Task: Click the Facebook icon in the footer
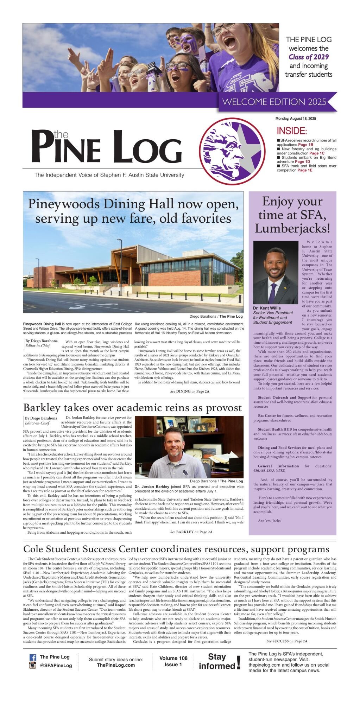point(33,657)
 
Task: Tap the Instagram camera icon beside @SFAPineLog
point(33,665)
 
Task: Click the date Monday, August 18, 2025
point(296,119)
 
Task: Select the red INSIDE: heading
point(292,131)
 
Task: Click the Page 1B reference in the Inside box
point(305,145)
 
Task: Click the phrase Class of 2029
point(309,57)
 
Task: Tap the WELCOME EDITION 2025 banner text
point(274,102)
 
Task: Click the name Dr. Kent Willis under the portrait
point(267,308)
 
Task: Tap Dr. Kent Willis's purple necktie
point(272,292)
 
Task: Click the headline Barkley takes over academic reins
point(132,408)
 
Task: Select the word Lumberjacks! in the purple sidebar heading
point(292,229)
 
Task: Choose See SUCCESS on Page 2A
point(287,641)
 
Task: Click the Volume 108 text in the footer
point(173,658)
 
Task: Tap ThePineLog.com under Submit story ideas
point(116,665)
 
